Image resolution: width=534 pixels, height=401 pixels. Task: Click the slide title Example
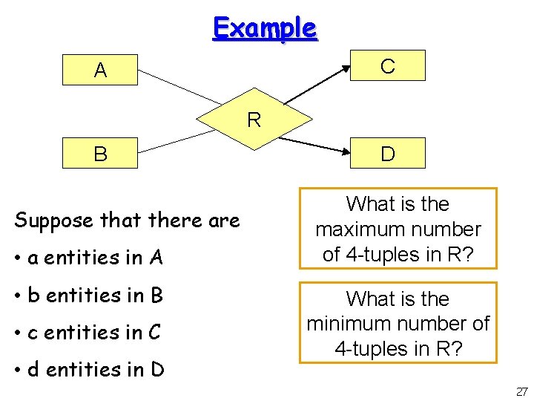(265, 28)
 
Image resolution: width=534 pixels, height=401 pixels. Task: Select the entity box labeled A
(101, 71)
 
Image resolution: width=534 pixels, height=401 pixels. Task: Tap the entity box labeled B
(101, 154)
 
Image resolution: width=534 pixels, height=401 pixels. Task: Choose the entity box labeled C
(387, 65)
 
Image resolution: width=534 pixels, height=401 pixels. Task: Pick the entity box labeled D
(387, 154)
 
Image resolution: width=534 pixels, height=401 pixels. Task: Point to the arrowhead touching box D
(346, 152)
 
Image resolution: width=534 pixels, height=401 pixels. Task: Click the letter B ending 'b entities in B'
(156, 296)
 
